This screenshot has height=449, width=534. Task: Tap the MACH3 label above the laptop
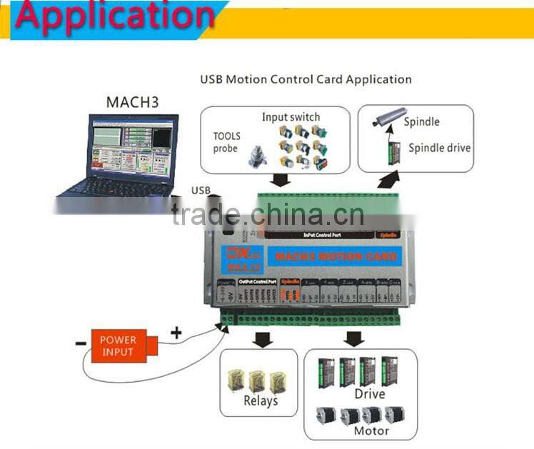pos(132,101)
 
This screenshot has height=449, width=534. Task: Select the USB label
pos(201,190)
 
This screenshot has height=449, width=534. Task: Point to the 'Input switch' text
pos(291,117)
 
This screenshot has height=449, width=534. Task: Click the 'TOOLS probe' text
pos(227,142)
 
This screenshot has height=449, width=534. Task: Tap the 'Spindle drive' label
pos(439,148)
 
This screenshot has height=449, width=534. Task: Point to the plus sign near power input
pos(176,331)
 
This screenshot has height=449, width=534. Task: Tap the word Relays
pos(261,400)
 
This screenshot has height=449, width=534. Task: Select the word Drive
pos(369,393)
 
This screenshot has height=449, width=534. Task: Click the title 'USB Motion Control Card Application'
pos(306,79)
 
